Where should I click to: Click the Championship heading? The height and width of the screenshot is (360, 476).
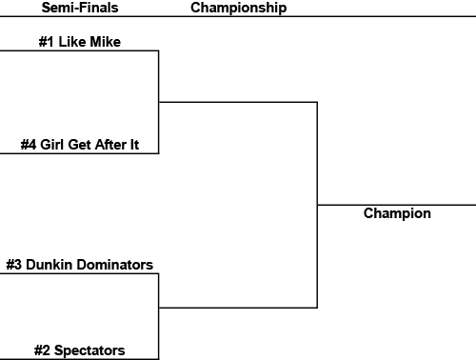coord(239,8)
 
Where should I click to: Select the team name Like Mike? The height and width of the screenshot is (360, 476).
coord(93,42)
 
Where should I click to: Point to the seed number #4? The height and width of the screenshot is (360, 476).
coord(29,146)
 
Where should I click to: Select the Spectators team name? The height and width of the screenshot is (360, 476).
coord(89,350)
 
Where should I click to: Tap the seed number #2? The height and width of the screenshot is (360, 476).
coord(43,350)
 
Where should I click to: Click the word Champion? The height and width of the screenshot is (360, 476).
coord(397,213)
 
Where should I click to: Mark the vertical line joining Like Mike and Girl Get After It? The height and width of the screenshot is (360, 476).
coord(158,101)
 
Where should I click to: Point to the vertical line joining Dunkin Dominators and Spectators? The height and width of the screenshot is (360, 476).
coord(158,315)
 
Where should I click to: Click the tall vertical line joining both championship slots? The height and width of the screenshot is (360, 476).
coord(317,205)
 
